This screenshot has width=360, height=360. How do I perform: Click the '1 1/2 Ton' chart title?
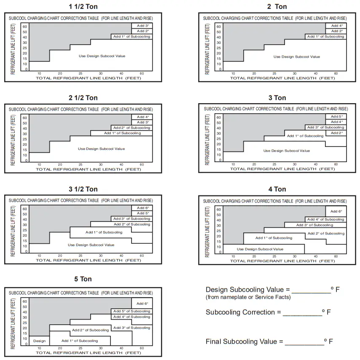coord(83,6)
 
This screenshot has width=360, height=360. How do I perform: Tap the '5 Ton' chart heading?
coord(83,279)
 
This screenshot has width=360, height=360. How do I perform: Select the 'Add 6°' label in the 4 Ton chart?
coord(336,211)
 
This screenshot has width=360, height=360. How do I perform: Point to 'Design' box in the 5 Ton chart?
coord(39,341)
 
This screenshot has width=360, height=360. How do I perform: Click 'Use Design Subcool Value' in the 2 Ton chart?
coord(296,56)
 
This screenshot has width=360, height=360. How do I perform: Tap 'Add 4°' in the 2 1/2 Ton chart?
coord(143,117)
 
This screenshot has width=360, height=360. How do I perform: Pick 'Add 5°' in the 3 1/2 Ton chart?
coord(143,213)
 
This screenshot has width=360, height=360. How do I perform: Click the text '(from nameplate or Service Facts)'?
coord(248,297)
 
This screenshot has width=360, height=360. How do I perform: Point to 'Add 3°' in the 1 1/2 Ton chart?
coord(143,26)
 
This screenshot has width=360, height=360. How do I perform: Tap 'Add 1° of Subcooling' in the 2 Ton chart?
coord(325,37)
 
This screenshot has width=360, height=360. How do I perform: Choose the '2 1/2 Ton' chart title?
coord(83,98)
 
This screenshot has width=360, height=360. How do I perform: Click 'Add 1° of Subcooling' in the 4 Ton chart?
coord(274,238)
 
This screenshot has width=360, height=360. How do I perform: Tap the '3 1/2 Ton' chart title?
coord(83,189)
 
